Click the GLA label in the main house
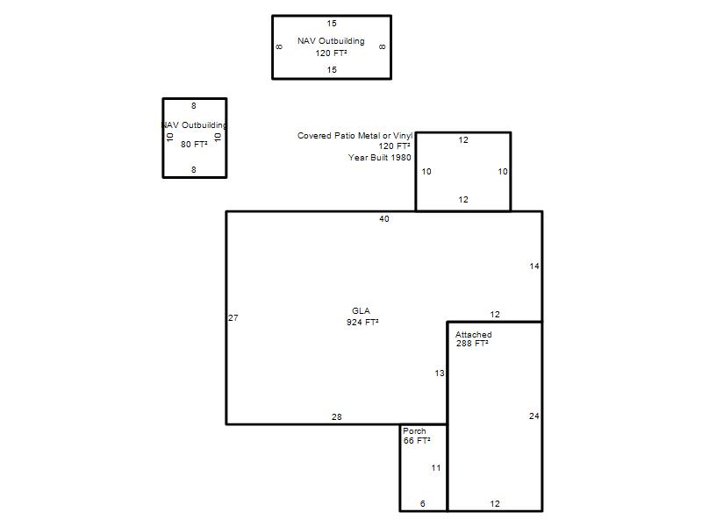point(361,311)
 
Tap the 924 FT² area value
point(362,322)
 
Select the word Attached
point(473,335)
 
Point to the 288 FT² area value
point(472,344)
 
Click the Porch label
point(414,431)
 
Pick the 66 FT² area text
point(417,441)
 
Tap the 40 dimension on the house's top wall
point(384,218)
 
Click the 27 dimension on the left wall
point(233,318)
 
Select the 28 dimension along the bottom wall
point(337,417)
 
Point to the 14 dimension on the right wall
point(534,267)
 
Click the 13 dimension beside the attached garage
point(440,373)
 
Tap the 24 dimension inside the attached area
point(534,416)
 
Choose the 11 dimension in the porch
point(436,468)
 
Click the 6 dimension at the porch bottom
point(423,503)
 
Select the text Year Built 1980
point(380,158)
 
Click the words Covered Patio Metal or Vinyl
point(355,136)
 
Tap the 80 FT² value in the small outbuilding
point(194,144)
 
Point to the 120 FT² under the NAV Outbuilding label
point(331,53)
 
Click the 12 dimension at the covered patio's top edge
point(463,140)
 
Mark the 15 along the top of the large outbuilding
point(332,24)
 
